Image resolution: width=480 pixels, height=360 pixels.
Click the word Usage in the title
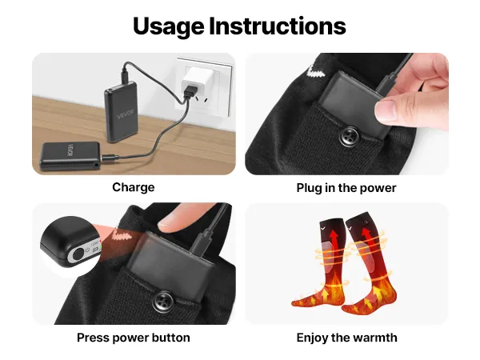point(169,27)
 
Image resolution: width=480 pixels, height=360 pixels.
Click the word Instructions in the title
point(278,26)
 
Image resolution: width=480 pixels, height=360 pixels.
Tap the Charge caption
point(134,188)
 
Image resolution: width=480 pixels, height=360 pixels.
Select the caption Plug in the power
point(346,188)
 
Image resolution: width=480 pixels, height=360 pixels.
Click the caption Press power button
point(134,338)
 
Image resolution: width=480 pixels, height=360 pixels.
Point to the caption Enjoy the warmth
point(347,338)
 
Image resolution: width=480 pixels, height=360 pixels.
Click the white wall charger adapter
point(193,79)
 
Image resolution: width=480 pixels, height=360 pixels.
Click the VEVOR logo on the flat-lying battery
point(70,151)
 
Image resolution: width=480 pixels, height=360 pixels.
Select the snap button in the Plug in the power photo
point(350,136)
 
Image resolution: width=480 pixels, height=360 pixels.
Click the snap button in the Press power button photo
point(164,302)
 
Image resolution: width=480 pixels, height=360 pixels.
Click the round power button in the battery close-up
point(78,254)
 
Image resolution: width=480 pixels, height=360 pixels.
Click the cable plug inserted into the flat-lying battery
point(110,158)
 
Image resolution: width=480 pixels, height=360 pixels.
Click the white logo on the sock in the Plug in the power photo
point(315,72)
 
